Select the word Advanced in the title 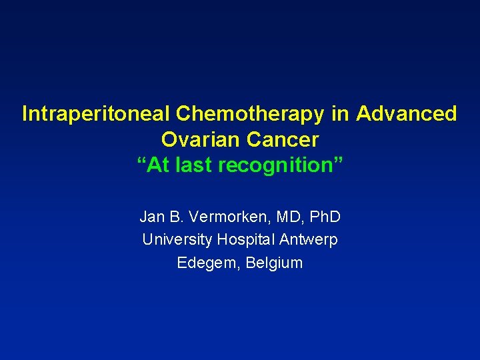tap(407, 114)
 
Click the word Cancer tap(282, 140)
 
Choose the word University tap(177, 239)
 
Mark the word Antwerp tap(309, 239)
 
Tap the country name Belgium tap(274, 263)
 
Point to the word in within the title tap(341, 114)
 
